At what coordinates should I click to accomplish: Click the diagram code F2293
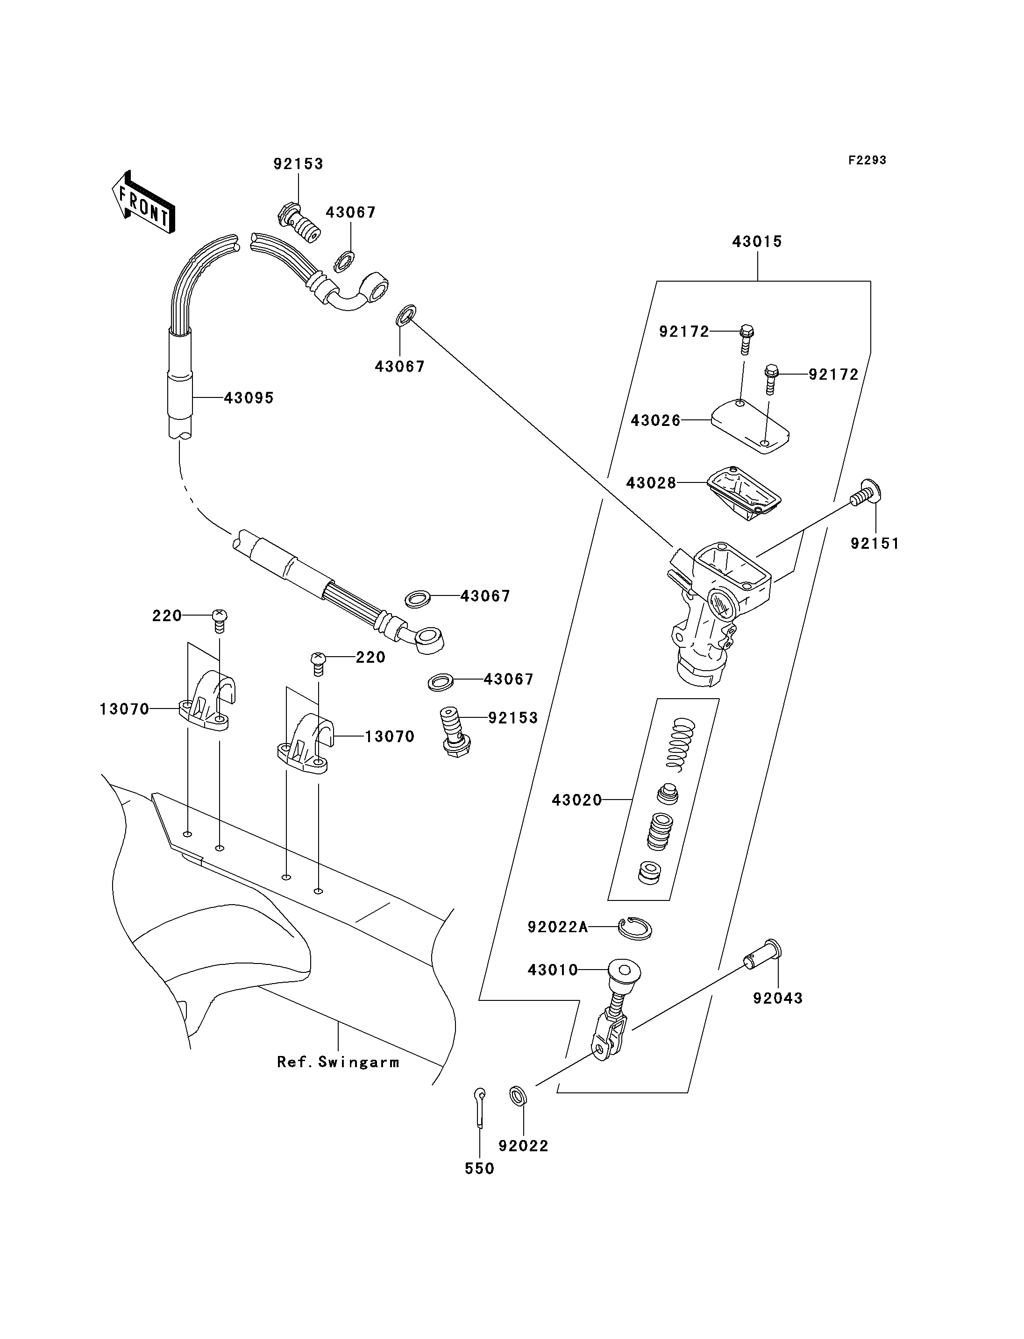867,160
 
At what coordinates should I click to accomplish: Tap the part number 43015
757,241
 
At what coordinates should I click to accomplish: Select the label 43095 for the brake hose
249,398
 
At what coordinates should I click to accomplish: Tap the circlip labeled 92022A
634,928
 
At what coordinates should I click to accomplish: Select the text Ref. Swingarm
338,1063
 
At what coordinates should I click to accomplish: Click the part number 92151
875,543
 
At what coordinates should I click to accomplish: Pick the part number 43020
576,800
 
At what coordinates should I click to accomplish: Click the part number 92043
778,999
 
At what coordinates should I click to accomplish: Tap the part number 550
480,1169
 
